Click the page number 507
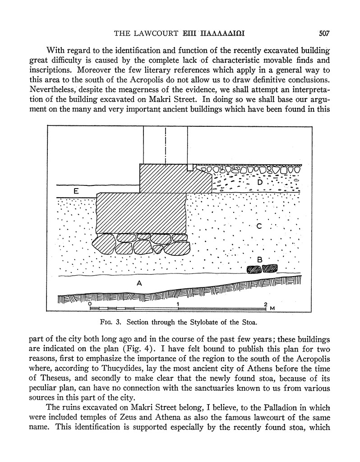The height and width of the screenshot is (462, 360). coord(325,33)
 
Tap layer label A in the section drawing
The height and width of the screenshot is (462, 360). coord(139,283)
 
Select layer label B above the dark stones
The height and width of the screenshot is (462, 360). coord(259,259)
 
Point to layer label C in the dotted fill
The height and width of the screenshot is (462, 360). coord(259,227)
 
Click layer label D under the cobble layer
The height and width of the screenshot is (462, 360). coord(259,182)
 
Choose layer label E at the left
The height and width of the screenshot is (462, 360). coord(76,192)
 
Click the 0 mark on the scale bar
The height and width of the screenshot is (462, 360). coord(91,304)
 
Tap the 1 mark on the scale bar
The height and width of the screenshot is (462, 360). coord(179,304)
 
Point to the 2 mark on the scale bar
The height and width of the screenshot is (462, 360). coord(266,304)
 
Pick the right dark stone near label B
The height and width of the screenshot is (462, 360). coord(270,269)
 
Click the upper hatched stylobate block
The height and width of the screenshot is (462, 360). coord(175,178)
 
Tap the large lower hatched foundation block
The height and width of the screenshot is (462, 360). coord(141,213)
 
